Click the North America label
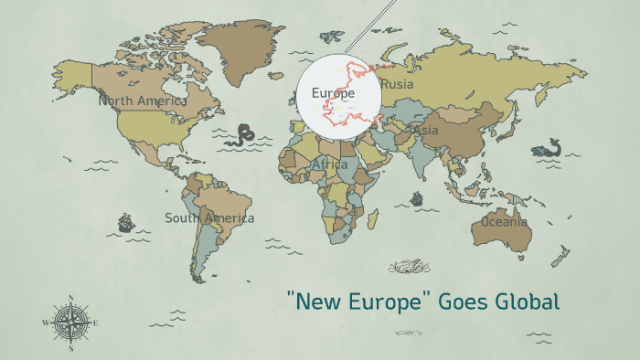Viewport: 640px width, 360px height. pos(143,101)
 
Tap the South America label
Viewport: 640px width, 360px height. pos(209,218)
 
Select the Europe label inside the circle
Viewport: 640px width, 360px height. pos(333,93)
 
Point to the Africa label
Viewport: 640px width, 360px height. pos(330,164)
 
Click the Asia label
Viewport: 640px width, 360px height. pos(427,131)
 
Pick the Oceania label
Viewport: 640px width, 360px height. pos(505,221)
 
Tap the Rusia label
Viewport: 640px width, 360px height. pos(397,84)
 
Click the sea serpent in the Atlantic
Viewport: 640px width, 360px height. pos(243,135)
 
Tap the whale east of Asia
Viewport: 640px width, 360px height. pos(549,148)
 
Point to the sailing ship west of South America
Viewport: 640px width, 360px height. pos(125,222)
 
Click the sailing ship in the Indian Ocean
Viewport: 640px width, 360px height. pos(417,197)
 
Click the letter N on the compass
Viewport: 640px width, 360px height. pos(70,297)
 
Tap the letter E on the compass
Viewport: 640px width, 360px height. pos(95,323)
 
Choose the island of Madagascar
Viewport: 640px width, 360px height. pos(373,218)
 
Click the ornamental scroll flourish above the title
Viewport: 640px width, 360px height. pos(409,267)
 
